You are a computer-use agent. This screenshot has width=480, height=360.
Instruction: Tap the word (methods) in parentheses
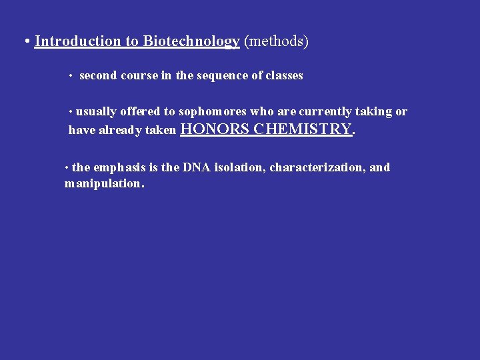click(277, 41)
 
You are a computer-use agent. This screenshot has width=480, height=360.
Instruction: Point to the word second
click(99, 75)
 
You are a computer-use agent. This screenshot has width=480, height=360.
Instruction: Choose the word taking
click(373, 111)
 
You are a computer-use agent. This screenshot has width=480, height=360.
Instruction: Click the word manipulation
click(103, 183)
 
